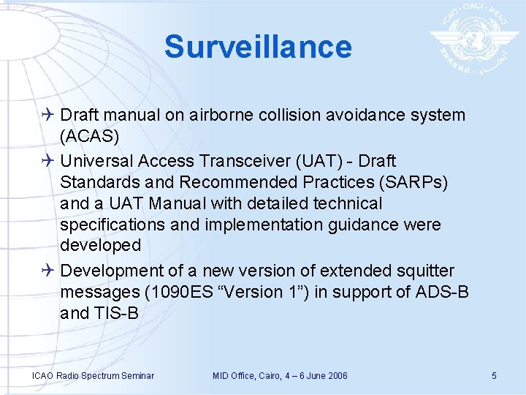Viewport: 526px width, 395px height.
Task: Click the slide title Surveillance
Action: pyautogui.click(x=258, y=46)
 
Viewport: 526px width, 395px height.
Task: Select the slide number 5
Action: pyautogui.click(x=494, y=376)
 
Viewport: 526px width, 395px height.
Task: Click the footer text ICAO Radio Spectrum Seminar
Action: pyautogui.click(x=93, y=376)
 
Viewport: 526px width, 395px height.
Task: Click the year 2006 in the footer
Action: pyautogui.click(x=336, y=376)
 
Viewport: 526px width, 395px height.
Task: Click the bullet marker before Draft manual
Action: pyautogui.click(x=48, y=116)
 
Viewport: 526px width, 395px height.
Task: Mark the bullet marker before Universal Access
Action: pyautogui.click(x=48, y=160)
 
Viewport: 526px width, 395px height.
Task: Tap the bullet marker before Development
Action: pyautogui.click(x=48, y=271)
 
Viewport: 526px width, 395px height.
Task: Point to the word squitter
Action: pyautogui.click(x=426, y=271)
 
